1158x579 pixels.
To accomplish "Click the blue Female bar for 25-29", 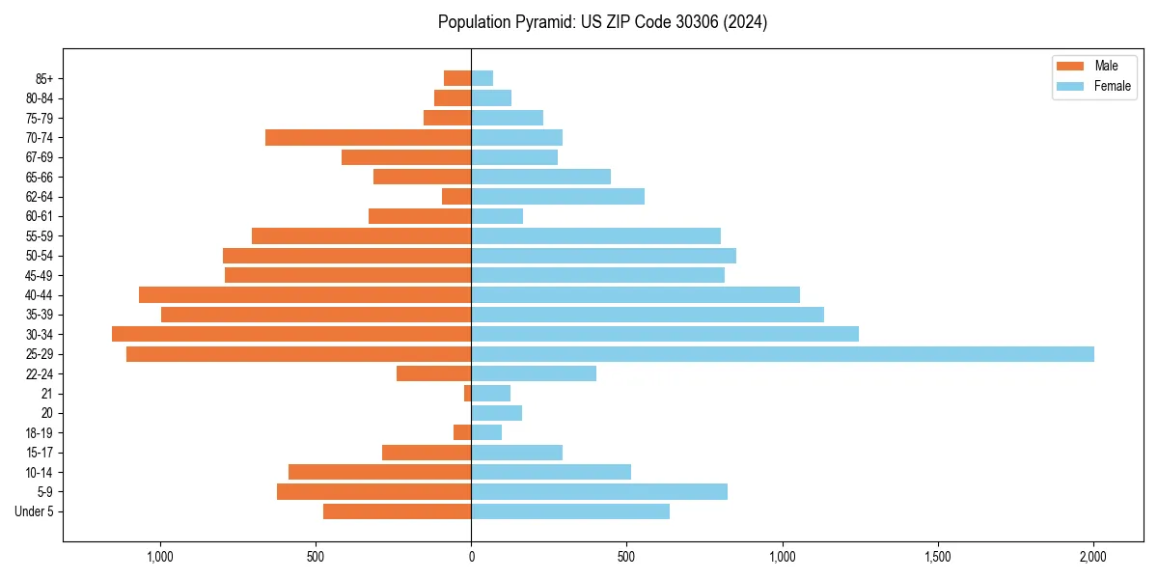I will coord(782,354).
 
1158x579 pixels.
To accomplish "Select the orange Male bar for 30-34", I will coord(291,334).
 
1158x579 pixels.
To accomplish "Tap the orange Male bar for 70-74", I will coord(368,138).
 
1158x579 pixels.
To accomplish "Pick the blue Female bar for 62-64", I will coord(558,197).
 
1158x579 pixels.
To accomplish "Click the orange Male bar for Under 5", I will coord(397,511).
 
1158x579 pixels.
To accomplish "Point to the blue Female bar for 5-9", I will coord(599,492).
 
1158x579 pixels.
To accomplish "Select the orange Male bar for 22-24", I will coord(433,373).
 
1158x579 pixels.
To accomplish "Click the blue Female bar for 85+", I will coord(482,78).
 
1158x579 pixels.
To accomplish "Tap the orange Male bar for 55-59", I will coord(361,236).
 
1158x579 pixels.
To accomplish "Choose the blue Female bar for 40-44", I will coord(635,295).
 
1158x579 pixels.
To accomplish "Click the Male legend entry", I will coord(1106,66).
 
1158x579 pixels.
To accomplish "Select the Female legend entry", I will coord(1112,86).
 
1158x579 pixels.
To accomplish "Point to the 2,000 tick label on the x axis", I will coord(1093,557).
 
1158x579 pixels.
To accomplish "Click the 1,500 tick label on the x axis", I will coord(938,557).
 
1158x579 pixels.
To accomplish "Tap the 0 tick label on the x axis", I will coord(471,557).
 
